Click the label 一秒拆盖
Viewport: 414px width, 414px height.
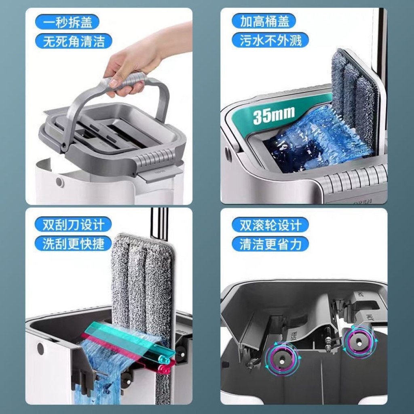click(x=68, y=22)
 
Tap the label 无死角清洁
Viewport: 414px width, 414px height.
click(x=74, y=41)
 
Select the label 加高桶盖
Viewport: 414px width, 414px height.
click(x=264, y=21)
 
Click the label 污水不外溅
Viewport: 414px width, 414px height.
click(x=270, y=40)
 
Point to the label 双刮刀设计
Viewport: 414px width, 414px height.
click(x=74, y=224)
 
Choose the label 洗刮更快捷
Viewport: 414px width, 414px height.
click(x=74, y=243)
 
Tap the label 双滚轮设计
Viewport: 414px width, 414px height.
click(x=270, y=225)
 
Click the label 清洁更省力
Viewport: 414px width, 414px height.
click(x=270, y=244)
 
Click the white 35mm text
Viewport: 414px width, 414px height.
click(x=274, y=115)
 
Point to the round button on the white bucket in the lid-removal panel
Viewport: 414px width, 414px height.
click(x=60, y=182)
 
